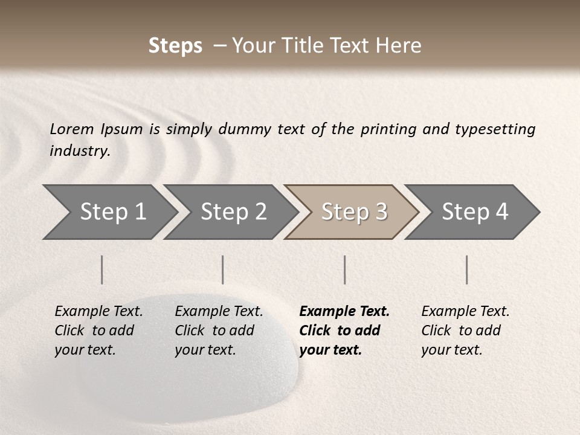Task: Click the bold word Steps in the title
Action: tap(175, 46)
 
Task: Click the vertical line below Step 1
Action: tap(102, 269)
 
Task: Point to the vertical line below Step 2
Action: tap(223, 269)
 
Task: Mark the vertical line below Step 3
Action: tap(344, 269)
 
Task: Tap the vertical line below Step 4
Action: tap(467, 269)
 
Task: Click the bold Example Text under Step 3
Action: tap(344, 312)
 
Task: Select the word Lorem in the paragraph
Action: tap(72, 129)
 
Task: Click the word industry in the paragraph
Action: tap(80, 150)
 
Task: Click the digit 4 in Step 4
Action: tap(501, 212)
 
